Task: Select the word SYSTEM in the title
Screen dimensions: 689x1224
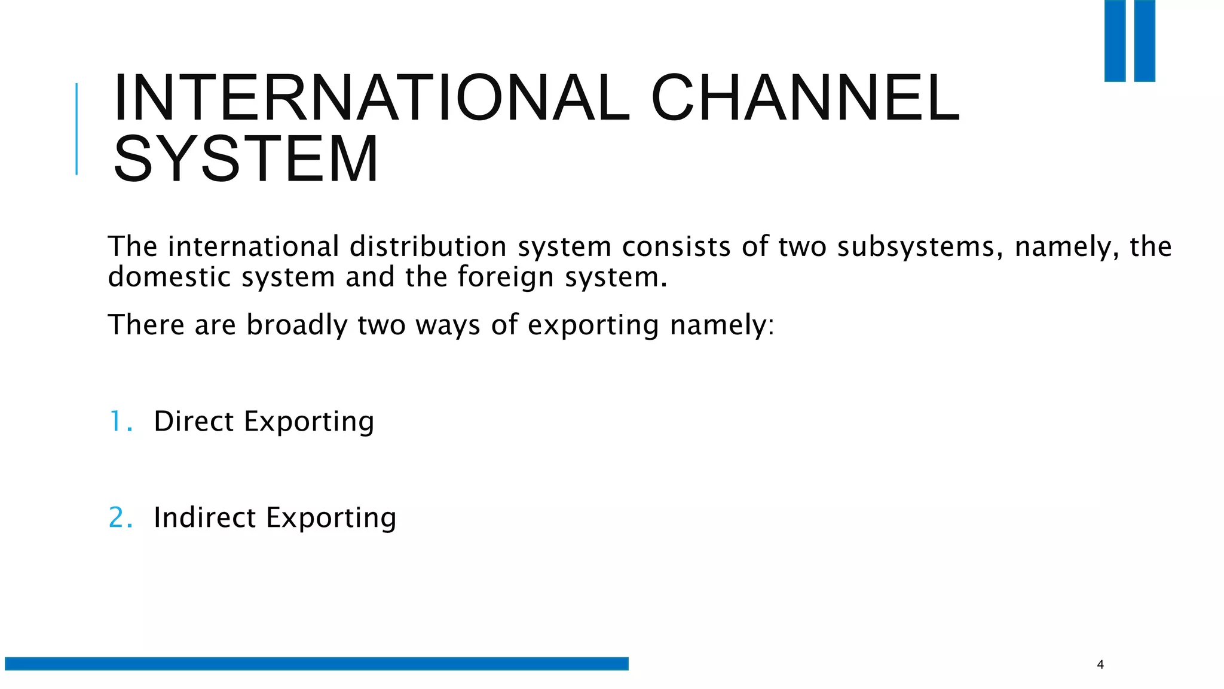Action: click(246, 159)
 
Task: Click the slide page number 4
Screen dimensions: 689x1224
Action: click(1100, 664)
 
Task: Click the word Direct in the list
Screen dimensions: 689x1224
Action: click(194, 421)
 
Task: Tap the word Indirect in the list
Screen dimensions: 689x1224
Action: click(204, 517)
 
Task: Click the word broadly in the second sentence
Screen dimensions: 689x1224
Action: click(296, 325)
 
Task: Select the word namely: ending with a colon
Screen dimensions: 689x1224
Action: click(721, 325)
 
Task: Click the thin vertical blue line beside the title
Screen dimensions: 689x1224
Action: click(76, 129)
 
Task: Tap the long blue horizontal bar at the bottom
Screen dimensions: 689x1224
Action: click(317, 663)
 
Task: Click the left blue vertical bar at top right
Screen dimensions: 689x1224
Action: click(1115, 41)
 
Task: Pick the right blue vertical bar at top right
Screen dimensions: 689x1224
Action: click(1145, 41)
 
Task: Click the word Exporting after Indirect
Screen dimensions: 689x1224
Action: click(331, 517)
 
